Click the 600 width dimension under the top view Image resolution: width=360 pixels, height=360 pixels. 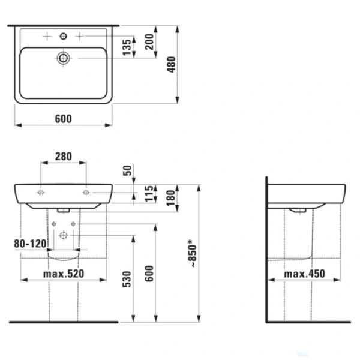[x=64, y=119]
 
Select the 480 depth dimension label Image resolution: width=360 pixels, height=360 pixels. [x=171, y=65]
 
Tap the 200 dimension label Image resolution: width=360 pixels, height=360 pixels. [x=149, y=42]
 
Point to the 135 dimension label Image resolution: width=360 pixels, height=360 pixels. [x=127, y=47]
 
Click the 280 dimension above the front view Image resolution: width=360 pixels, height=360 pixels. [x=64, y=157]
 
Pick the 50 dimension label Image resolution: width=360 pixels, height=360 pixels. [x=127, y=170]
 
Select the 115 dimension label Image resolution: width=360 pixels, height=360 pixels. [x=149, y=194]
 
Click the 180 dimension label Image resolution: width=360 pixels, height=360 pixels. [x=171, y=198]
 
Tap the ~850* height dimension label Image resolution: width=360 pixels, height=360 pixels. [x=192, y=253]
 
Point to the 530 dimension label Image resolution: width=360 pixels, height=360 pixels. [x=127, y=279]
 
